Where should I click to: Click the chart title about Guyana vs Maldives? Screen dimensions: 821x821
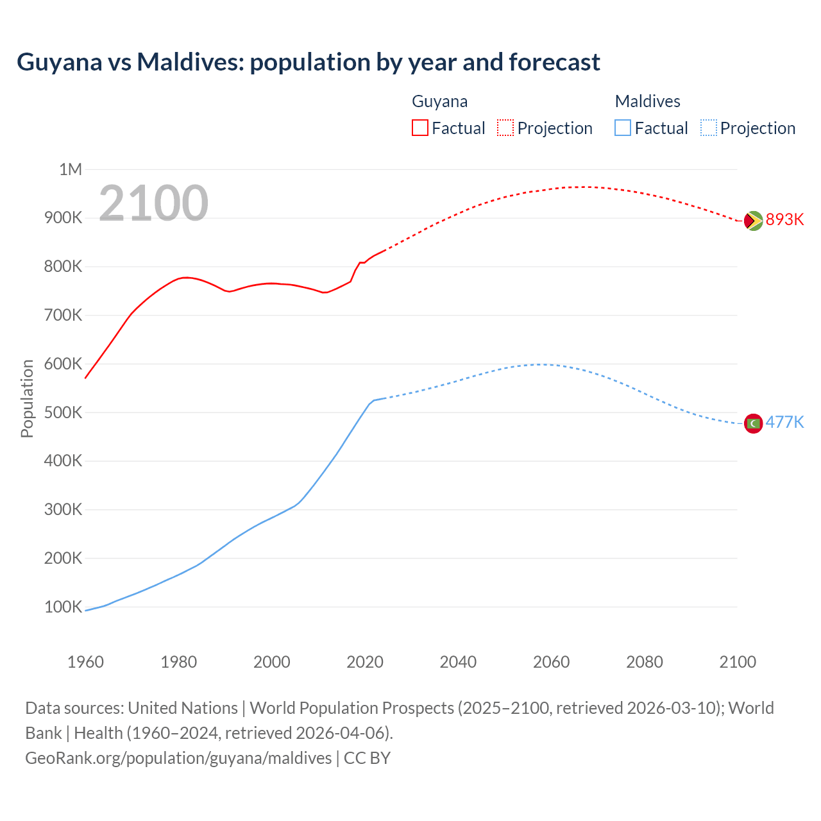click(x=308, y=62)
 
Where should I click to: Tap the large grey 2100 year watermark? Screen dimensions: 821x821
click(x=153, y=203)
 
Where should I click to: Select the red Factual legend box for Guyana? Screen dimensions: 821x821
click(x=419, y=128)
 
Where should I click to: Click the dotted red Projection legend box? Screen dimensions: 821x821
click(x=505, y=128)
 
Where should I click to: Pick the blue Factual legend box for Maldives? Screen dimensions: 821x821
click(x=622, y=128)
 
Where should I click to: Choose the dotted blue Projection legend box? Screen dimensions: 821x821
click(x=708, y=128)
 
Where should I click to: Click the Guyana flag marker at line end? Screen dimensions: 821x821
click(x=753, y=221)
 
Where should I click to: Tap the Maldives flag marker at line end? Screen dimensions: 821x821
click(x=753, y=423)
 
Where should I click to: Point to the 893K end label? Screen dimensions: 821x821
click(x=784, y=219)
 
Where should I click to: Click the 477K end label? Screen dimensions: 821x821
click(x=784, y=422)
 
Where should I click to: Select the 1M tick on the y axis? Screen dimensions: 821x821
click(x=71, y=169)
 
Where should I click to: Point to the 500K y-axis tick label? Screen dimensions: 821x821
click(x=63, y=412)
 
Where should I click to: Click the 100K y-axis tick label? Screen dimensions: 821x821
click(x=63, y=607)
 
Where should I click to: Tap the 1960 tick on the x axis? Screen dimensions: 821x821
click(x=85, y=662)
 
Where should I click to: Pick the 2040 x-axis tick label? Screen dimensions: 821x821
click(x=458, y=662)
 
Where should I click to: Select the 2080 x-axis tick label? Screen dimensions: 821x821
click(x=645, y=662)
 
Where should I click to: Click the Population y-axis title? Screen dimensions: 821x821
click(x=27, y=398)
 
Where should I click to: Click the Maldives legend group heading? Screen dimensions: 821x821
click(x=647, y=101)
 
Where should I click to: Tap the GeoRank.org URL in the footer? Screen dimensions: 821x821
click(x=178, y=758)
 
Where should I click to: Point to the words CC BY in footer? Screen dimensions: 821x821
click(x=367, y=758)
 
